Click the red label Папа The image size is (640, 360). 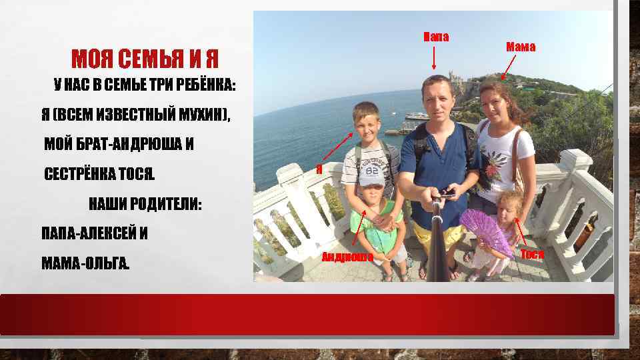point(437,35)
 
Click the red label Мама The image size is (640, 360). point(520,47)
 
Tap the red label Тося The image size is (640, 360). point(532,254)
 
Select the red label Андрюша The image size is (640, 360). point(347,257)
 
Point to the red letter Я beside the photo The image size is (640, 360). point(319,169)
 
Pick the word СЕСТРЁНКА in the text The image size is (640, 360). point(79,175)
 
